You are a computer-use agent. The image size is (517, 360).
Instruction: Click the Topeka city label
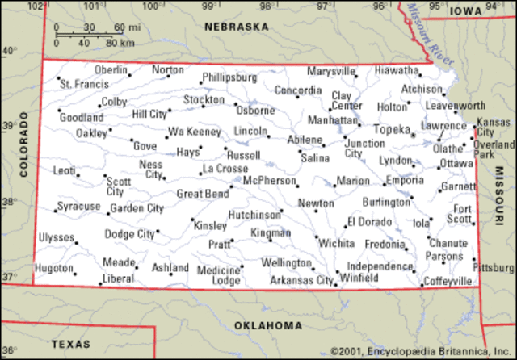(x=392, y=128)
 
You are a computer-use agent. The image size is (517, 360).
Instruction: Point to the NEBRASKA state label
(x=236, y=27)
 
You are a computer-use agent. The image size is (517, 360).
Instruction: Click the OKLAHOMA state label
(x=268, y=325)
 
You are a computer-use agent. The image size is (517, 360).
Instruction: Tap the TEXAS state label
(x=71, y=344)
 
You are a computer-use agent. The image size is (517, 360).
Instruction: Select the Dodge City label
(x=129, y=234)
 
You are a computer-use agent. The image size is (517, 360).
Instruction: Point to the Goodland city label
(x=82, y=118)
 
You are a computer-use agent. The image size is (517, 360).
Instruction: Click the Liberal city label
(x=118, y=278)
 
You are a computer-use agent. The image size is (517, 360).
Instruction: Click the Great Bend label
(x=202, y=194)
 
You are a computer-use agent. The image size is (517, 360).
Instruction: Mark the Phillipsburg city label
(x=229, y=77)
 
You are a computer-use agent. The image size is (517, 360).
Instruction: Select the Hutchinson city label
(x=254, y=216)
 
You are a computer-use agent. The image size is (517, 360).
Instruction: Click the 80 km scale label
(x=120, y=42)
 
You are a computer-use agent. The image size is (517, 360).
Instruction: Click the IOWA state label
(x=466, y=10)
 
